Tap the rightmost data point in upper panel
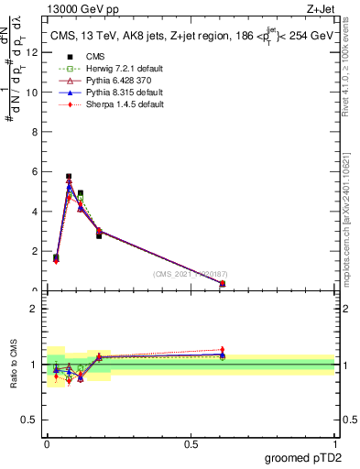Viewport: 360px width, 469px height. point(223,283)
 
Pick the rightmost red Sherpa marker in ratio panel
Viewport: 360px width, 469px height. point(223,350)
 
